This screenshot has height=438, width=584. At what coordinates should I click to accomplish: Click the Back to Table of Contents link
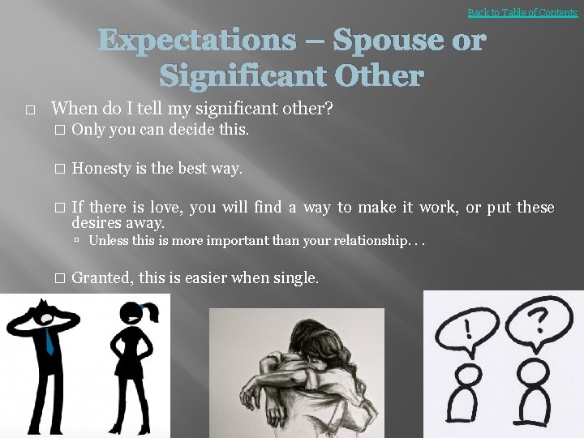pyautogui.click(x=522, y=12)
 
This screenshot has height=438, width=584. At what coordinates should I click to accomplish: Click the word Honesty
pyautogui.click(x=101, y=169)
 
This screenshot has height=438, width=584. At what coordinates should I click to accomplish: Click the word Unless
pyautogui.click(x=108, y=240)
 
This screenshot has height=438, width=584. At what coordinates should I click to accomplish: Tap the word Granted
pyautogui.click(x=102, y=277)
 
